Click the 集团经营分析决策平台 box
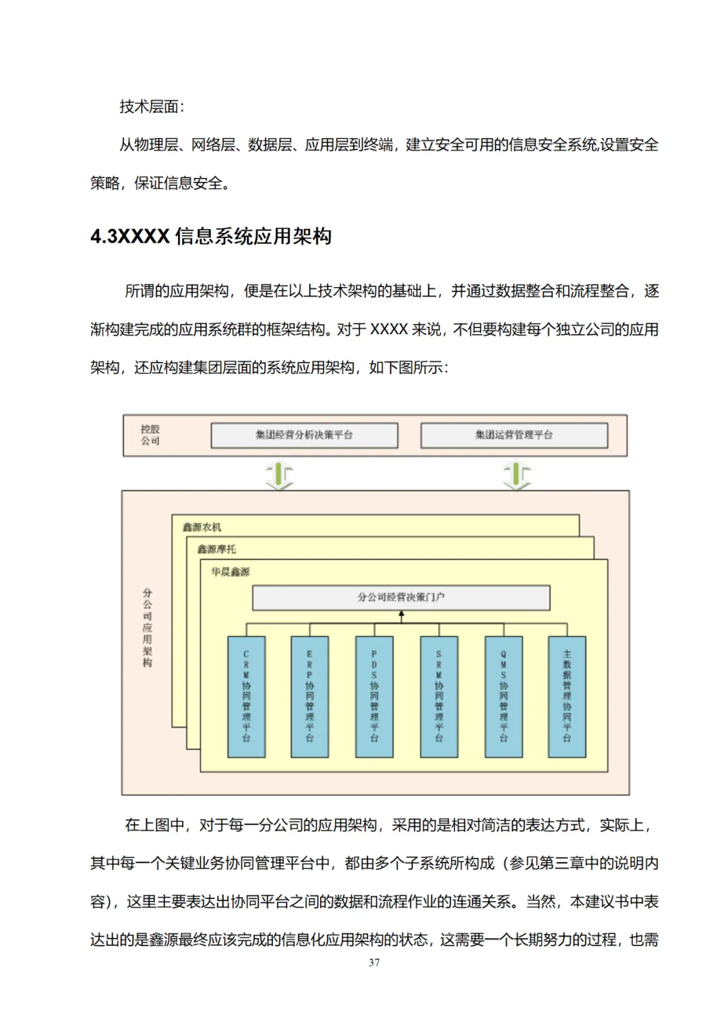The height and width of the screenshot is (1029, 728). click(x=304, y=435)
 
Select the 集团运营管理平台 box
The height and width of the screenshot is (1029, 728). click(x=514, y=435)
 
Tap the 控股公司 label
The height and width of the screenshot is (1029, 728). click(x=150, y=435)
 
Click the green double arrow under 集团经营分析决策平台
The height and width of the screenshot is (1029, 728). click(x=280, y=474)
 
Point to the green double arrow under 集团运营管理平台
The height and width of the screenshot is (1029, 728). click(x=517, y=474)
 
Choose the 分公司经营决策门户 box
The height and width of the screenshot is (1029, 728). click(x=401, y=597)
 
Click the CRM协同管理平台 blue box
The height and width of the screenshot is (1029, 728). click(x=246, y=696)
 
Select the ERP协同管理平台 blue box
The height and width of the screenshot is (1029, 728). click(x=309, y=696)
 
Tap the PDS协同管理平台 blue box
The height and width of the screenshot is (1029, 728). click(x=374, y=696)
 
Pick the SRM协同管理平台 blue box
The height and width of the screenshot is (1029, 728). click(x=439, y=696)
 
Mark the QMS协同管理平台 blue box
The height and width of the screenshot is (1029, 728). click(x=503, y=696)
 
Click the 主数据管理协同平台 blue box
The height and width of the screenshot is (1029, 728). click(x=567, y=696)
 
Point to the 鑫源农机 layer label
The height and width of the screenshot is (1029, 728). click(x=202, y=527)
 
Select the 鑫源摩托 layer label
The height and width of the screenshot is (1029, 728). click(x=217, y=549)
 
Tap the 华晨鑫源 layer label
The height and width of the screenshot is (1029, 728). click(x=231, y=571)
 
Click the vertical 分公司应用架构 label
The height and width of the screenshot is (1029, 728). click(x=148, y=627)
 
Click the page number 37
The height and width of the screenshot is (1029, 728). click(x=374, y=962)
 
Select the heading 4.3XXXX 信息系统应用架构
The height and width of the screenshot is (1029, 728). click(x=211, y=237)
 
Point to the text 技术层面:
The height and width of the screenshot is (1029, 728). click(x=152, y=106)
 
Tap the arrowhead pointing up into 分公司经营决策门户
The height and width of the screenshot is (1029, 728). click(x=401, y=615)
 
